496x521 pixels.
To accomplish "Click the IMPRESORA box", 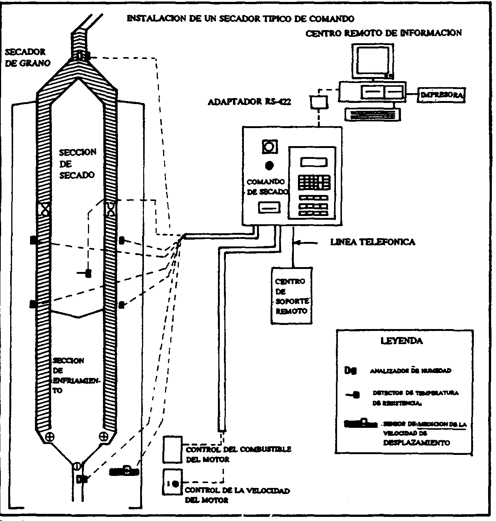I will point(442,95).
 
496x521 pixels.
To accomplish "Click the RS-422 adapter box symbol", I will point(319,102).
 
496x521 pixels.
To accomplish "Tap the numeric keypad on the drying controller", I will point(314,182).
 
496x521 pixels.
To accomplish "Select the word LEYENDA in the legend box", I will point(401,341).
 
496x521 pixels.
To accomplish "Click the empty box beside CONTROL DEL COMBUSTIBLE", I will point(172,450).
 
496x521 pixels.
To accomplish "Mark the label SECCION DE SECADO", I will point(77,163).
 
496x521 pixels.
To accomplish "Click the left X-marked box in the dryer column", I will point(45,208).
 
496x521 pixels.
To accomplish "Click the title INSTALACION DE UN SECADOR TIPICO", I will point(240,18).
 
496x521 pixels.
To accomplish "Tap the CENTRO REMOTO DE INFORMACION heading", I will point(383,33).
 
